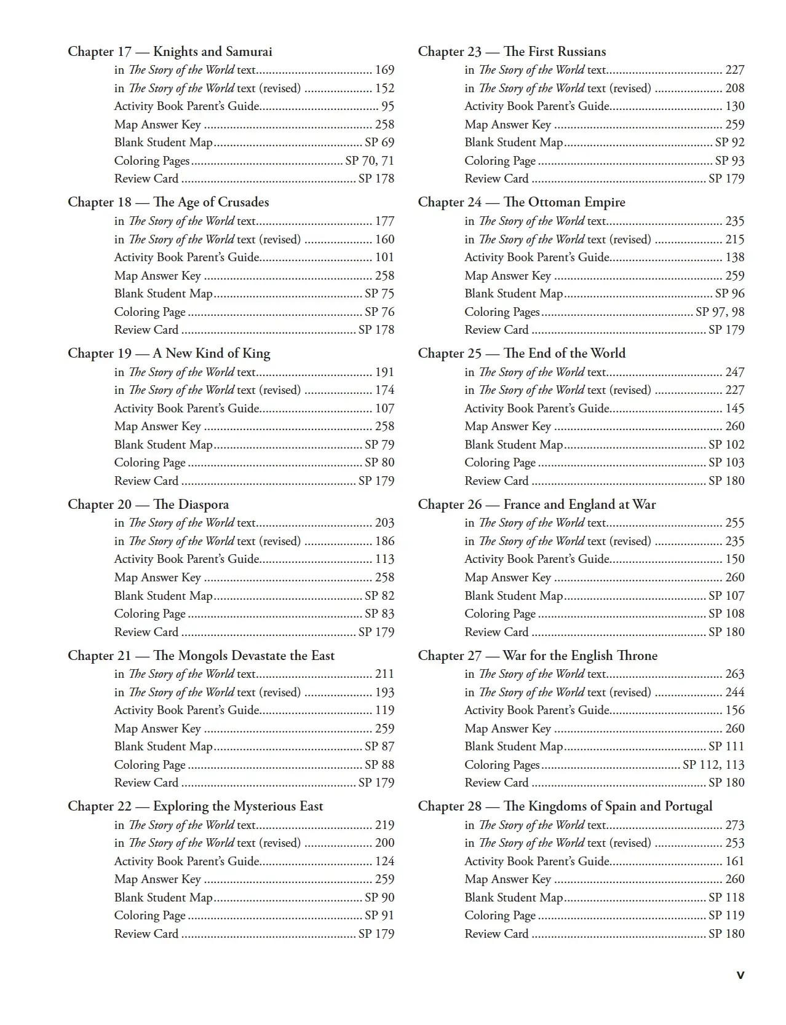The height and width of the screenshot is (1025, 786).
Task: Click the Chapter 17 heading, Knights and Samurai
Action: pos(170,52)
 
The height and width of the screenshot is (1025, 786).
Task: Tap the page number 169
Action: pos(384,70)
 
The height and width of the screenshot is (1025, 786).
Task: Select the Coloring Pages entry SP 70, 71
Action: pos(369,161)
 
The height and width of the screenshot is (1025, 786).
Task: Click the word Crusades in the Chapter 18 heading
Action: pos(244,202)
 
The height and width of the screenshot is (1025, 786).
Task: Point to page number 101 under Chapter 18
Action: pos(384,257)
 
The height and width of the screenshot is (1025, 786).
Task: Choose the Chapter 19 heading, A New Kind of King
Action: pos(169,353)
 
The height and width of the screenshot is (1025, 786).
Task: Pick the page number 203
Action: pos(384,523)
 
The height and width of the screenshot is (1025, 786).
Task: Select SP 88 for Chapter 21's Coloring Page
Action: pos(379,765)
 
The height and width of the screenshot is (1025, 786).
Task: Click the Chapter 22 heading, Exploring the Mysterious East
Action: pos(195,806)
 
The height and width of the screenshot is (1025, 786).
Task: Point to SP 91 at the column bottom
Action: pos(379,916)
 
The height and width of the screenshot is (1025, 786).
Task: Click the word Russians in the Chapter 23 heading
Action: pos(579,52)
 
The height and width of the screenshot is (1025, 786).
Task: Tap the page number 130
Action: pos(734,106)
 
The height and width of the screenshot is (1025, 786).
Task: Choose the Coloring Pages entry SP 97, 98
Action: pos(720,312)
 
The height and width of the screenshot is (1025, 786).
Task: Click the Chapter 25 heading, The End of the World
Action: pos(522,353)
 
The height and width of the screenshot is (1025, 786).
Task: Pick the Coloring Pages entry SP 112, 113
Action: pos(713,765)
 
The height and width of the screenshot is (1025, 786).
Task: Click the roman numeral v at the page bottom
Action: pos(740,975)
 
